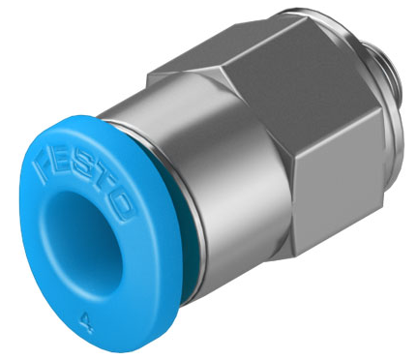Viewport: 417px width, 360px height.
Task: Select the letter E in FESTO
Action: click(x=61, y=165)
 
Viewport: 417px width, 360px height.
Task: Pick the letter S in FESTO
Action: click(x=83, y=178)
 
